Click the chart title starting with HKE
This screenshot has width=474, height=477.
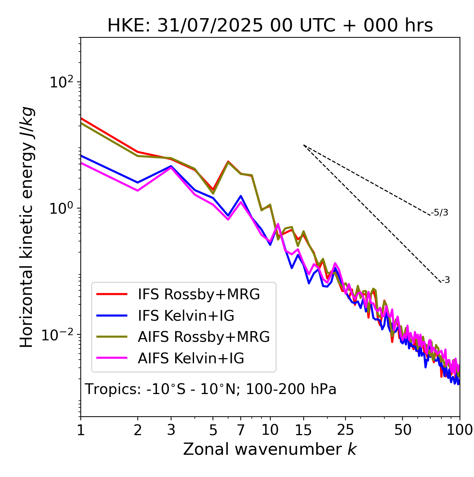270,26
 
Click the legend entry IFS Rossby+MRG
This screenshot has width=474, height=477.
198,294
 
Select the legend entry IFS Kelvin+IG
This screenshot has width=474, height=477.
186,316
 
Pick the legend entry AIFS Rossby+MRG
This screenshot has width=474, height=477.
204,337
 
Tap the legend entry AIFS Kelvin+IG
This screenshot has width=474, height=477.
191,358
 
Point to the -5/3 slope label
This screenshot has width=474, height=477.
440,213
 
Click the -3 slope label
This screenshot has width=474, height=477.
445,280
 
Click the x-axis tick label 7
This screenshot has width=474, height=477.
241,430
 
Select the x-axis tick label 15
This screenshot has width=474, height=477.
304,430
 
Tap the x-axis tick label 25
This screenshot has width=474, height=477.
346,430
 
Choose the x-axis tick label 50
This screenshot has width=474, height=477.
403,430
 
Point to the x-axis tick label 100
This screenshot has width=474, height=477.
460,430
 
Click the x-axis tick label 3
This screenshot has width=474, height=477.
171,430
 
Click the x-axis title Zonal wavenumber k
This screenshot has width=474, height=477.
270,449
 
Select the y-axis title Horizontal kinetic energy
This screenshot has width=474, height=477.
27,227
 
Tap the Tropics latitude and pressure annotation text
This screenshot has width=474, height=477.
211,389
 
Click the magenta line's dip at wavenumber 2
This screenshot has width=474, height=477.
138,191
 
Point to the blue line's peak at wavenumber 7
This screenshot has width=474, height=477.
241,196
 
